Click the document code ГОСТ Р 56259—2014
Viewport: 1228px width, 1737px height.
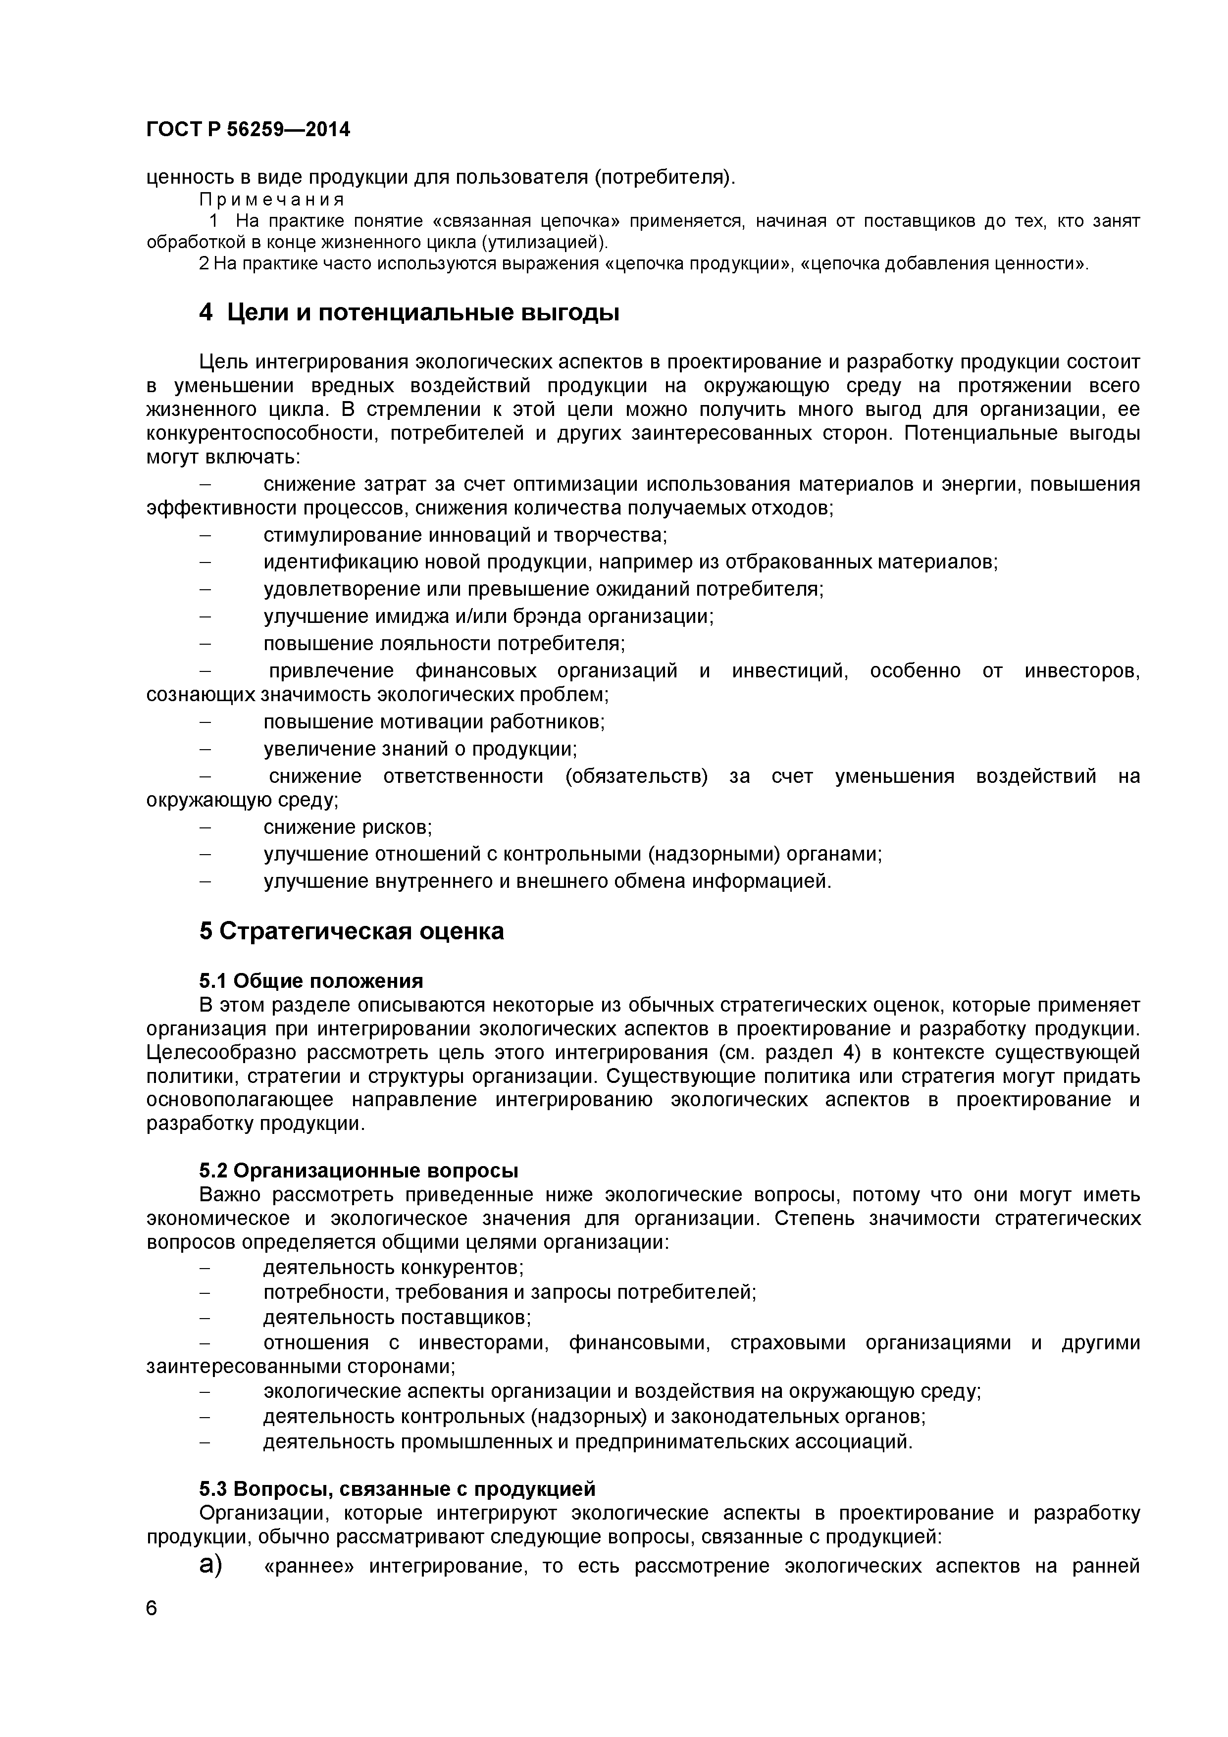point(248,130)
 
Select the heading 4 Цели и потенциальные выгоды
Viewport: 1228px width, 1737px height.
point(409,312)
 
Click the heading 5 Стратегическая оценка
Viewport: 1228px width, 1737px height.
point(351,931)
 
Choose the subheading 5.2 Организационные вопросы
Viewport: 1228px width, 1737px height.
point(358,1171)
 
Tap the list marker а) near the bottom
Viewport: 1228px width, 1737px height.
point(211,1566)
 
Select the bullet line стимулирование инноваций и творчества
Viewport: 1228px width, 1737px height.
point(464,536)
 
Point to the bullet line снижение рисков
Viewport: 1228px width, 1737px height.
point(347,827)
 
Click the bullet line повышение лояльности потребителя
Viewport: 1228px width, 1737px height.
point(443,644)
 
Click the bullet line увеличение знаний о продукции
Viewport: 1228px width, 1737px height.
point(420,749)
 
